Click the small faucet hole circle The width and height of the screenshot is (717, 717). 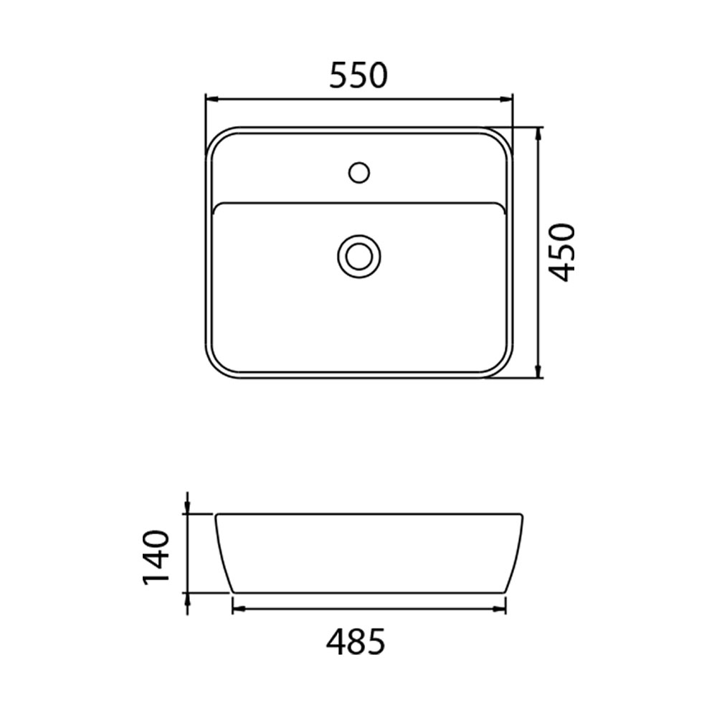click(x=359, y=173)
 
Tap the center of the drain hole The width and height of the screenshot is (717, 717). click(x=359, y=256)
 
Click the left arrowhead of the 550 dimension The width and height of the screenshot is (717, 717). click(x=211, y=99)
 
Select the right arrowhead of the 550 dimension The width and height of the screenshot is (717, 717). click(x=506, y=99)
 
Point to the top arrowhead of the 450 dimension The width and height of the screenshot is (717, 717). click(x=539, y=133)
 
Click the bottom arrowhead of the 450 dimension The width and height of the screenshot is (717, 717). click(x=539, y=371)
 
